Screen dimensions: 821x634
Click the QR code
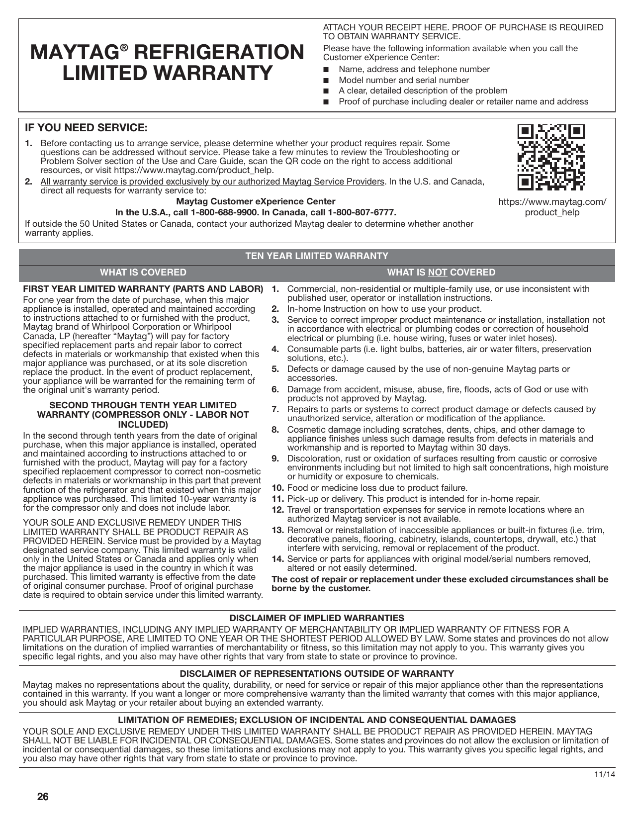tap(551, 158)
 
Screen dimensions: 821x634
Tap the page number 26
tap(43, 797)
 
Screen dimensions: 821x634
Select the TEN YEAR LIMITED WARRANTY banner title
tap(317, 256)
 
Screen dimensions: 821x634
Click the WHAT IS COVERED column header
tap(143, 273)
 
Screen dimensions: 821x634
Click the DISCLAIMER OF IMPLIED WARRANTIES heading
tap(317, 618)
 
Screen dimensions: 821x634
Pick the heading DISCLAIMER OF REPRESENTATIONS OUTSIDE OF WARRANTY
tap(317, 674)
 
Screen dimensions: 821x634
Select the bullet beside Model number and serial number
tap(326, 81)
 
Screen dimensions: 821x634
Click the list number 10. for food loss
tap(277, 488)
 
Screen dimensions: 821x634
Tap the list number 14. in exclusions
tap(277, 559)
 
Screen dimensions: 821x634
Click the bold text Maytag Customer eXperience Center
tap(256, 201)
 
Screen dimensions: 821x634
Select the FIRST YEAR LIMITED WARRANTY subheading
tap(143, 289)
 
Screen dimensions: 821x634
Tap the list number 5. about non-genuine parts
tap(275, 369)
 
